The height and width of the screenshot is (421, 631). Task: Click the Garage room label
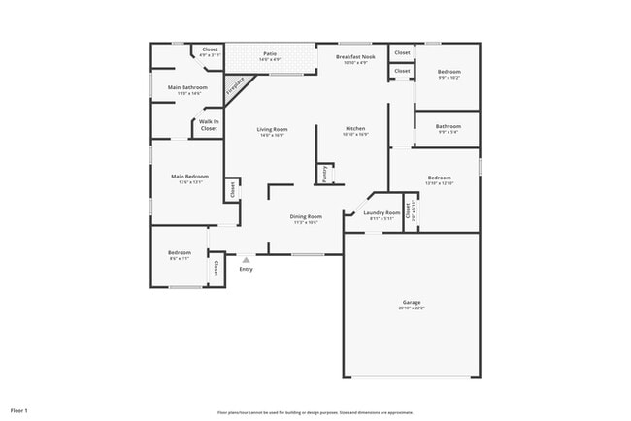[412, 302]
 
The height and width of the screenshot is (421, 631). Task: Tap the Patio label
[270, 54]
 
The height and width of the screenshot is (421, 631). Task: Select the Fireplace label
[235, 88]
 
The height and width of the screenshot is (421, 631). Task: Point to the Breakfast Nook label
[351, 57]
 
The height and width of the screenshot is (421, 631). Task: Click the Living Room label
[272, 129]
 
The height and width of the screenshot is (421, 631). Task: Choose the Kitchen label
[355, 129]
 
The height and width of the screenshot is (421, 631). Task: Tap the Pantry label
[324, 174]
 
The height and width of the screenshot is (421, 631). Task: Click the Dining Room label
[306, 216]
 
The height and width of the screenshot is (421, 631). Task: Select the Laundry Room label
[382, 212]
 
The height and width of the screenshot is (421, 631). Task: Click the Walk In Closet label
[209, 124]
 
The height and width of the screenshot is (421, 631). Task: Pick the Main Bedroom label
[189, 176]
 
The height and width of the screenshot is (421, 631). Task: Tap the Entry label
[246, 269]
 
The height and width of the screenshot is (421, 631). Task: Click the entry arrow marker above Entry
[246, 259]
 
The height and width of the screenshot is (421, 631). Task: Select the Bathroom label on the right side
[448, 126]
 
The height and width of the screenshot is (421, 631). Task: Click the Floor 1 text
[19, 410]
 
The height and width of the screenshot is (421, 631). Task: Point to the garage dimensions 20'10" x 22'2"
[412, 308]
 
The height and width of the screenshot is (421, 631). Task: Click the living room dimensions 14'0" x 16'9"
[272, 135]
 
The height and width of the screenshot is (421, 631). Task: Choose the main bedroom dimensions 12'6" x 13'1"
[189, 181]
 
